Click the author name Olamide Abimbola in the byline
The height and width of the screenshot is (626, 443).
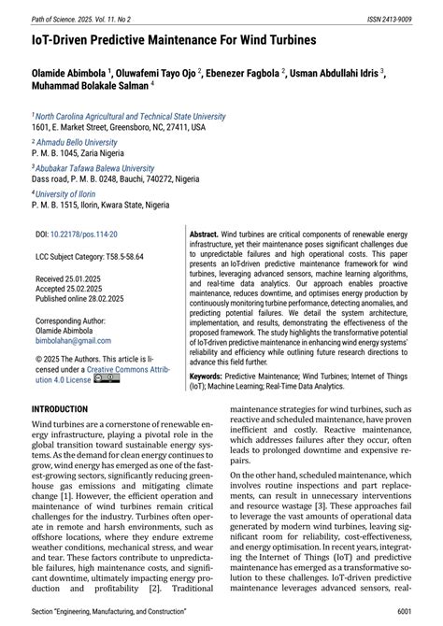coord(69,72)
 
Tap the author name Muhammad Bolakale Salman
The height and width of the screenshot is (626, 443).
coord(91,87)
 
